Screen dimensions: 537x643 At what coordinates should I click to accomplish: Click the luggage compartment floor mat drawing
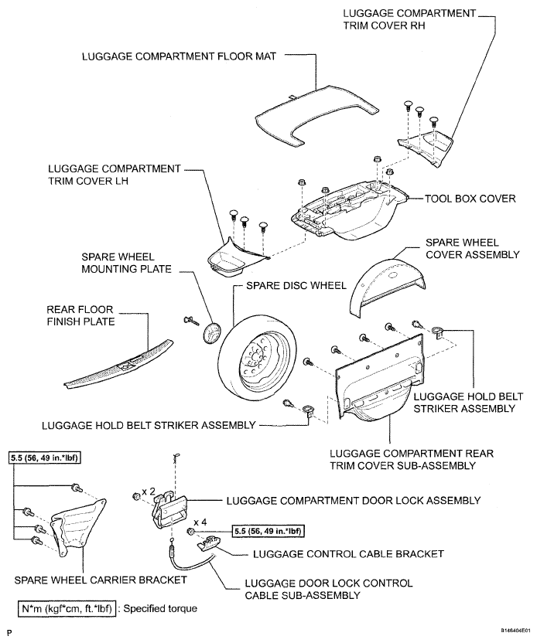[316, 119]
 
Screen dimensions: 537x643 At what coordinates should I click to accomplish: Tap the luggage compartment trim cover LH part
[234, 260]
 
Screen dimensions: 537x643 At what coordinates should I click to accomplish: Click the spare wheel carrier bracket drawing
[78, 528]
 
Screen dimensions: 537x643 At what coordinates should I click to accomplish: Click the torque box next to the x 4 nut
[268, 532]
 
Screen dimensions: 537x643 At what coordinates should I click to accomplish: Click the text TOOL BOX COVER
[470, 199]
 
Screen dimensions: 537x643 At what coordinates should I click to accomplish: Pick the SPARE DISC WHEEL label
[296, 285]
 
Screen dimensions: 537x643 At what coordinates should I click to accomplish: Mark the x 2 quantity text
[149, 491]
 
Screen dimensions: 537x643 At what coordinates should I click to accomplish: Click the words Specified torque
[160, 608]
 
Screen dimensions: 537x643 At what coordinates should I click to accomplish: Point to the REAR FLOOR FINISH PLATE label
[80, 315]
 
